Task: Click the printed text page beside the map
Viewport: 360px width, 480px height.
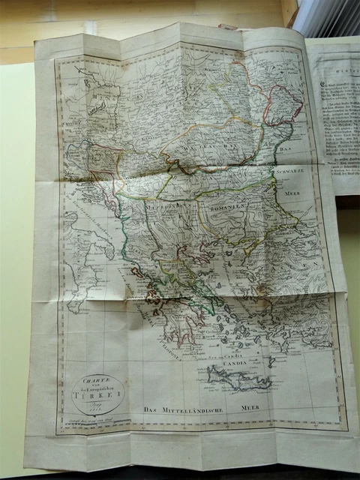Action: coord(334,112)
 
